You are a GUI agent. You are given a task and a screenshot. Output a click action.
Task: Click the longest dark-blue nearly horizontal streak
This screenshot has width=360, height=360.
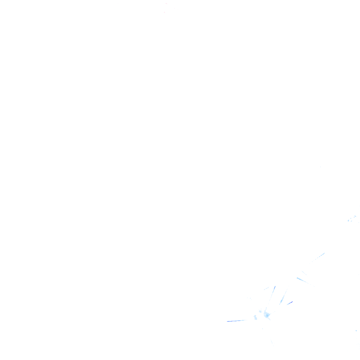click(236, 321)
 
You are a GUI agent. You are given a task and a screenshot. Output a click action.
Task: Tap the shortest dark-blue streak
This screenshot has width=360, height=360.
click(290, 303)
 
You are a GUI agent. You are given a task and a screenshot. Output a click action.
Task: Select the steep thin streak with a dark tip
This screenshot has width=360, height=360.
click(272, 292)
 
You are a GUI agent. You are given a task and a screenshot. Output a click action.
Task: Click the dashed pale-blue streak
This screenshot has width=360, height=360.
click(317, 257)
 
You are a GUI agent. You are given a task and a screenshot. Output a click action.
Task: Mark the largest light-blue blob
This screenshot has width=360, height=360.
click(267, 315)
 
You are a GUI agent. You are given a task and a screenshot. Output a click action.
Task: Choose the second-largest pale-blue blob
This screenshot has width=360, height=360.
click(255, 317)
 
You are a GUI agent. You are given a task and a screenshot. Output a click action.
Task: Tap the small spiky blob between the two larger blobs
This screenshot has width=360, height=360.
click(260, 311)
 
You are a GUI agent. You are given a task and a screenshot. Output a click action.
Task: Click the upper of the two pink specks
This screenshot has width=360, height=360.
click(166, 4)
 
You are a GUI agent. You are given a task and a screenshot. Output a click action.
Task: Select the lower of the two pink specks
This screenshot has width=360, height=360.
click(164, 12)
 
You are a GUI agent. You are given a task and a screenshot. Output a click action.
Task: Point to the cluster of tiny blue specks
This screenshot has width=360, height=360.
click(352, 219)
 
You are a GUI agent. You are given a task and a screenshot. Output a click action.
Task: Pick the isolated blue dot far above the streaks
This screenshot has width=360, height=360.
click(320, 167)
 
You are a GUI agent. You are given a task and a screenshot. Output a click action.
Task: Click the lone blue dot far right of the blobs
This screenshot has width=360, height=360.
click(356, 330)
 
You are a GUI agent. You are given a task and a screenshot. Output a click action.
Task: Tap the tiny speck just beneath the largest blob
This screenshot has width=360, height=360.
click(262, 329)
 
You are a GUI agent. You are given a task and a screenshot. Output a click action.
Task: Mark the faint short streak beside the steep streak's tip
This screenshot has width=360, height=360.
click(266, 288)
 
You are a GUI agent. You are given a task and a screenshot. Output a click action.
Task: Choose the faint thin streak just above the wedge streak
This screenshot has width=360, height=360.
click(304, 272)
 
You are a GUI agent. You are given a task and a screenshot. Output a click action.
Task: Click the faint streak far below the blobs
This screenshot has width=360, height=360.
click(271, 342)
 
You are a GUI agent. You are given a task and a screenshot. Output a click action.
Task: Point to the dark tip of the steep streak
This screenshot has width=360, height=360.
click(275, 287)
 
